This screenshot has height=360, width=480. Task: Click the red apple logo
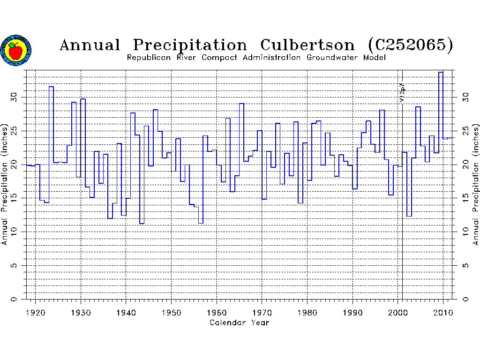pyautogui.click(x=16, y=50)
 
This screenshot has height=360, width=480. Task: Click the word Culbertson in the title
pyautogui.click(x=307, y=45)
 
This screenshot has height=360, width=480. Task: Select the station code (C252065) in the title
pyautogui.click(x=411, y=45)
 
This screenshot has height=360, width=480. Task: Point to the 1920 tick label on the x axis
pyautogui.click(x=36, y=312)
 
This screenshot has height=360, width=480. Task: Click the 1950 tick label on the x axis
pyautogui.click(x=171, y=312)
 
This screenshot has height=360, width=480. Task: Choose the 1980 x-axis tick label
pyautogui.click(x=307, y=312)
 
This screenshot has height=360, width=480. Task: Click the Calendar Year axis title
pyautogui.click(x=239, y=322)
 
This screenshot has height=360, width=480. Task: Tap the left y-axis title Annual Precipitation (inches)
pyautogui.click(x=5, y=184)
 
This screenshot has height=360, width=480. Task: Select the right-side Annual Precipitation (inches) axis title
pyautogui.click(x=475, y=184)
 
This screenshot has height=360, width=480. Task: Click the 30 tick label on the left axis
pyautogui.click(x=15, y=97)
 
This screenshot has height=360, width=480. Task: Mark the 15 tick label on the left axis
pyautogui.click(x=15, y=198)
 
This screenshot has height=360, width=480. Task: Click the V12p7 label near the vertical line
pyautogui.click(x=402, y=93)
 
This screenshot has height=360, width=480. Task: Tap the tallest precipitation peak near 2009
pyautogui.click(x=440, y=72)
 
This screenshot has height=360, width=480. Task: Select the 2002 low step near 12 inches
pyautogui.click(x=409, y=216)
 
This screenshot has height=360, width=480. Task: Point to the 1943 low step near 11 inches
pyautogui.click(x=142, y=224)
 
